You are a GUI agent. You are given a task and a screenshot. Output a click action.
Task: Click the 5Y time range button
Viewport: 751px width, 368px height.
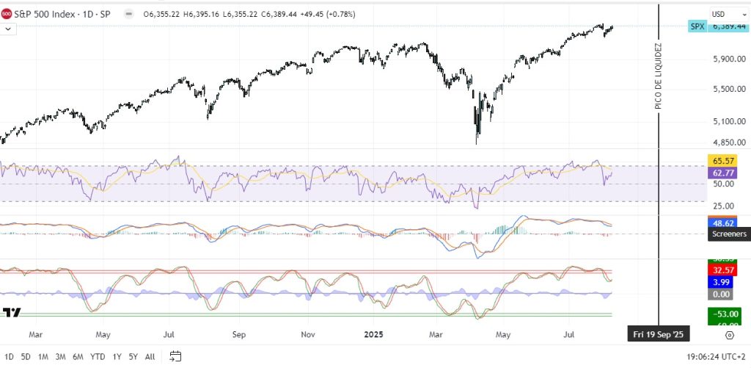[133, 356]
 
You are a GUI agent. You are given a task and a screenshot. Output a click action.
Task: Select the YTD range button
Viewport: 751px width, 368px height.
[98, 356]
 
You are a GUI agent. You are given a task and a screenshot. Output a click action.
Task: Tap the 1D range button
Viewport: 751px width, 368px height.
[10, 356]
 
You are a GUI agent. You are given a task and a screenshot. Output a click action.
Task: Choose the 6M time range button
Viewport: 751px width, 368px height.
[78, 356]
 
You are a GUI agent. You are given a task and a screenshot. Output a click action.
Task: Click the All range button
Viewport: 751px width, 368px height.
[150, 356]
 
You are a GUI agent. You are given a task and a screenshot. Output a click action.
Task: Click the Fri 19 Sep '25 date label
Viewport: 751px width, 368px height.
[659, 334]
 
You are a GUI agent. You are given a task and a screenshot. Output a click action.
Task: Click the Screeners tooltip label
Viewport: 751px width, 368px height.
[728, 234]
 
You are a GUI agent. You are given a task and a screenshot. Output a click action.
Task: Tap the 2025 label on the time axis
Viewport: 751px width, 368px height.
[374, 334]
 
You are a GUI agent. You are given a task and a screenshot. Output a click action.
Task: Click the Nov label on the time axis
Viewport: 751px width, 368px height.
[308, 334]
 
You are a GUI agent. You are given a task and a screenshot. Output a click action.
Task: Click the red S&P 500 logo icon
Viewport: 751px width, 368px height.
[7, 13]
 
